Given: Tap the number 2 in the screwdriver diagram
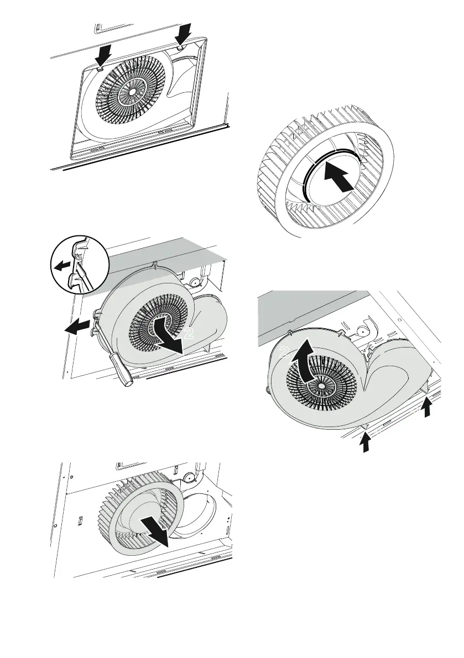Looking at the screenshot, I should pos(189,334).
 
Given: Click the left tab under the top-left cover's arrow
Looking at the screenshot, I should pos(98,70).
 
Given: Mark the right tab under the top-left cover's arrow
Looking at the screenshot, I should pos(181,49).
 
